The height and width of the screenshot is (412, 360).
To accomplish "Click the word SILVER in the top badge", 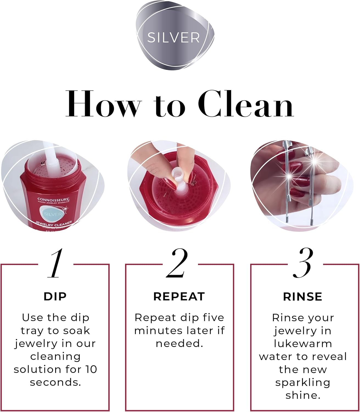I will [173, 38].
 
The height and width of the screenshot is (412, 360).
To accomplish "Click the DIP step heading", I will [55, 297].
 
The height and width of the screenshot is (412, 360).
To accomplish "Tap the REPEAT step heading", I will [179, 297].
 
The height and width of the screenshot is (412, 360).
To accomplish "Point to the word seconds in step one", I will [55, 382].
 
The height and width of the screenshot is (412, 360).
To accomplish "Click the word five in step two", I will [213, 318].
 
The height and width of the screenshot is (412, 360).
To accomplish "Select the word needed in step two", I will [179, 344].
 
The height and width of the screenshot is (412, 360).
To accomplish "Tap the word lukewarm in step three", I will [303, 344].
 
